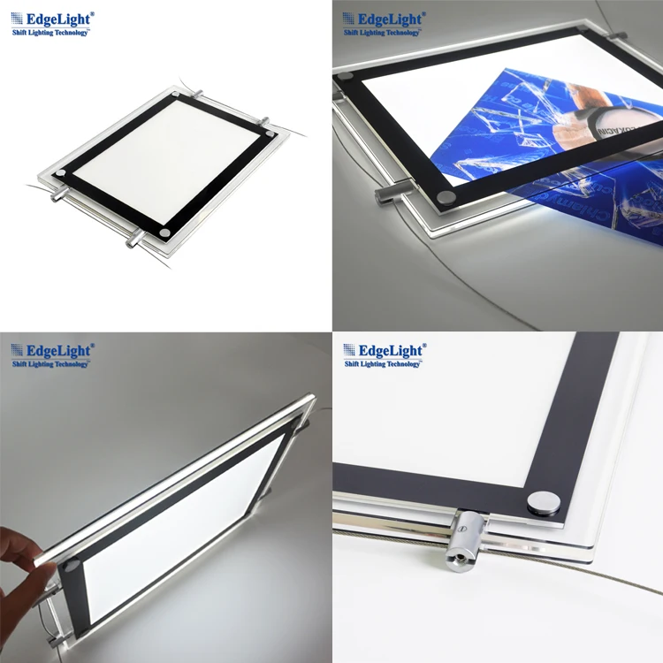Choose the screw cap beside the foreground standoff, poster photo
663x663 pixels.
(447, 195)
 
